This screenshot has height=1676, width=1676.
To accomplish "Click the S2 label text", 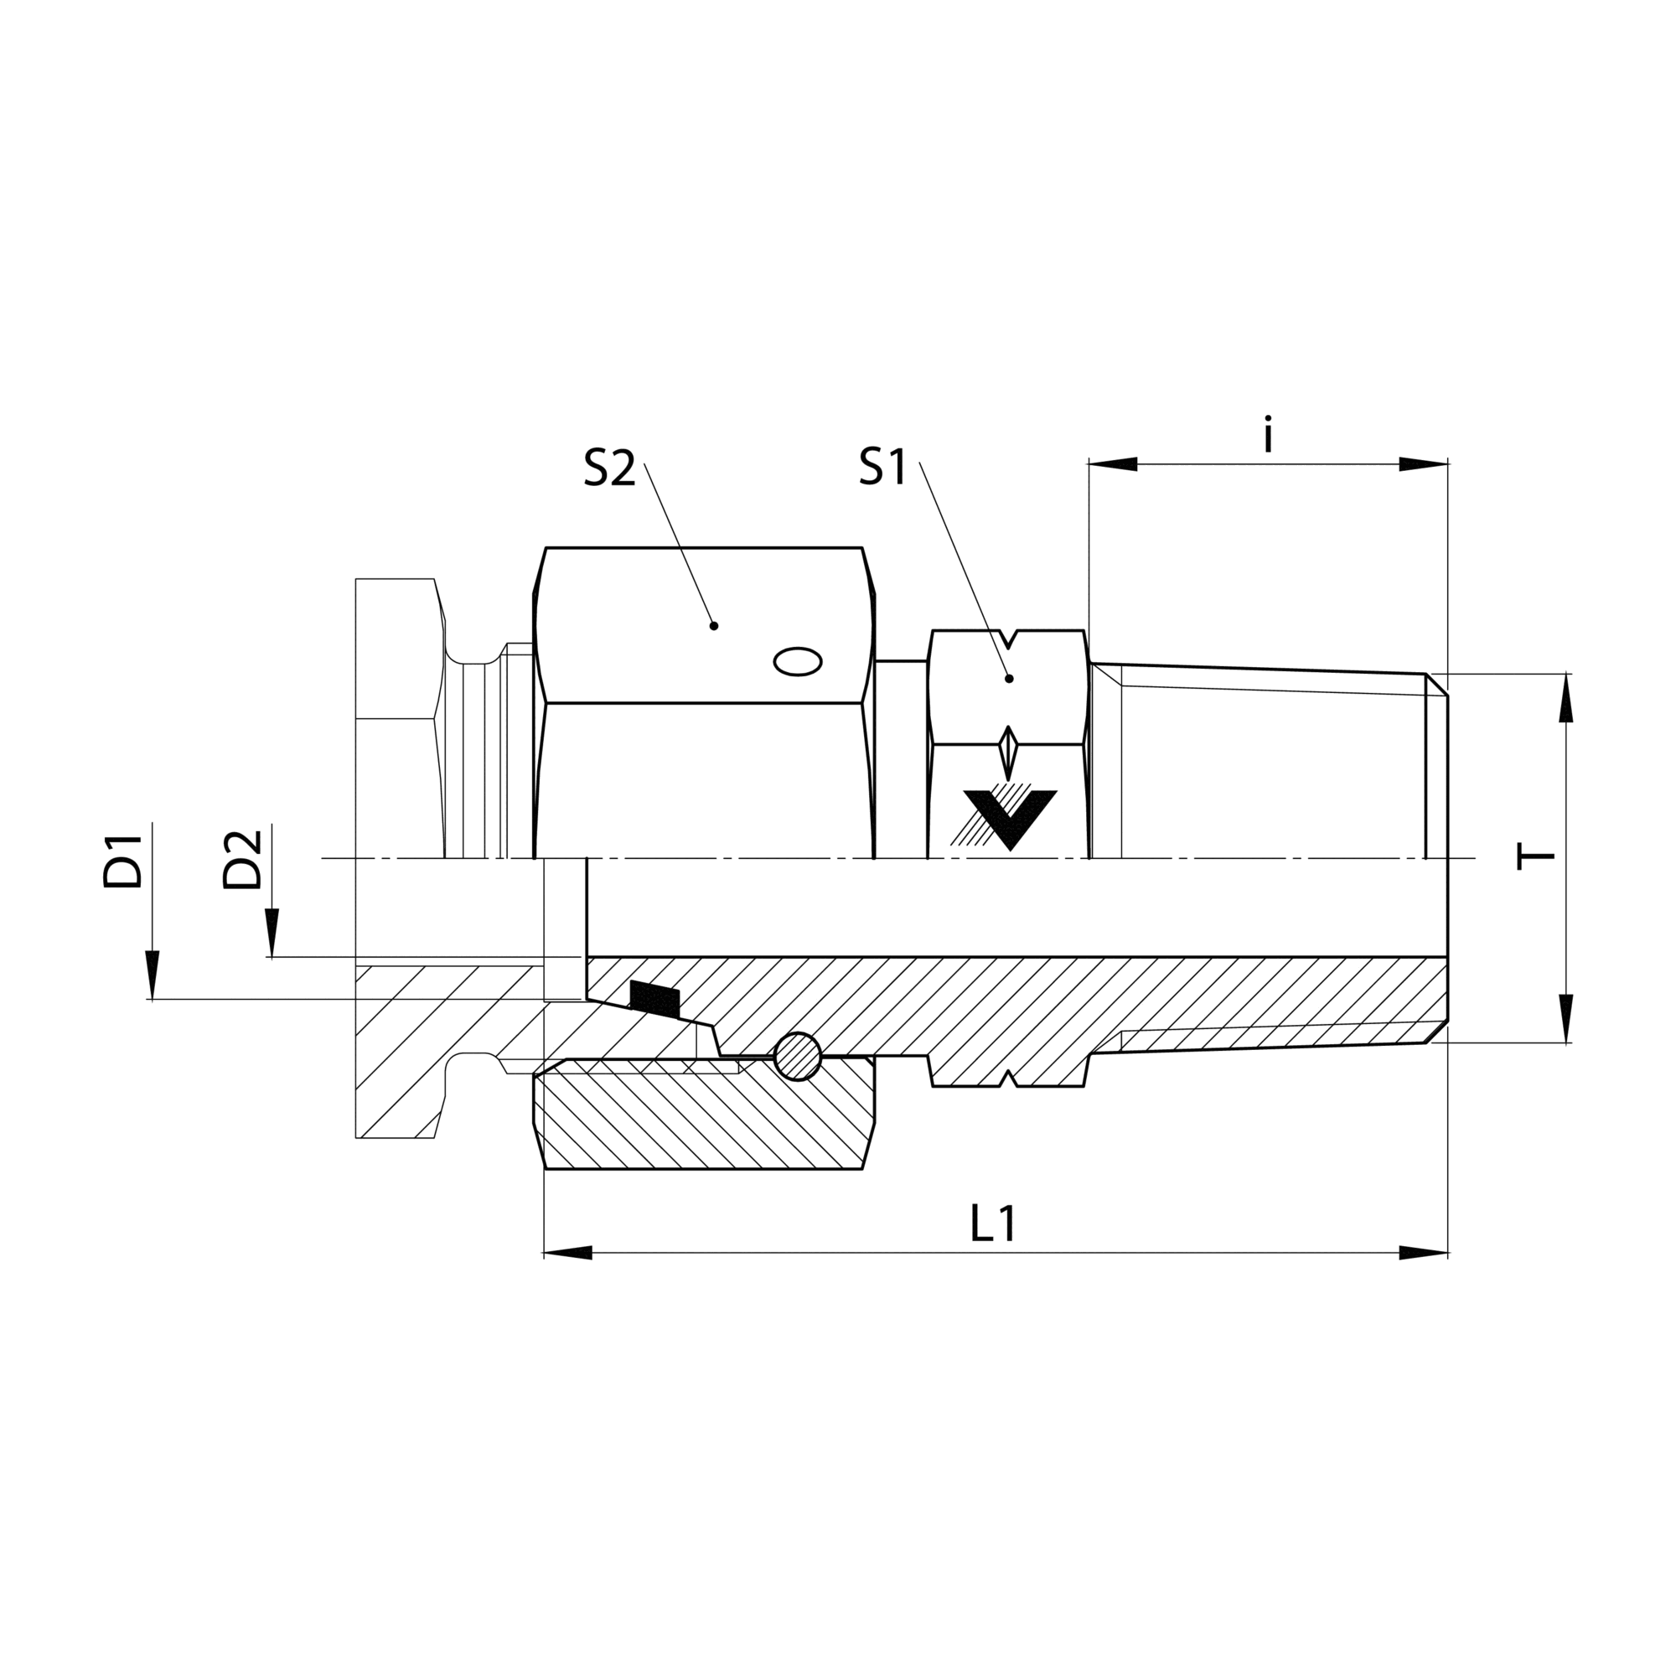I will pos(609,469).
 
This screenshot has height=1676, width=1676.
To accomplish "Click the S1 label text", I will pos(882,468).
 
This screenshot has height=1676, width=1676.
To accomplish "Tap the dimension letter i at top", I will pos(1268,436).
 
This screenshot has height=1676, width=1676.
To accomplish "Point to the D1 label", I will pos(122,861).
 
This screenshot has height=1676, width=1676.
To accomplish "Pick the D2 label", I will pos(242,861).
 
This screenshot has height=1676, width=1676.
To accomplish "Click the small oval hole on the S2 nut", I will pos(797,662).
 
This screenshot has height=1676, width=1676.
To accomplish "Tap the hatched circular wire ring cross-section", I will pos(797,1057).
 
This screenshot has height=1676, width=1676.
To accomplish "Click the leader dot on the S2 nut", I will pos(714,625).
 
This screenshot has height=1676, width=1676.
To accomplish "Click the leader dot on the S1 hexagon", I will pos(1009,679).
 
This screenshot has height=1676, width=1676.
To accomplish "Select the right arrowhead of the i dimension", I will pos(1424,464).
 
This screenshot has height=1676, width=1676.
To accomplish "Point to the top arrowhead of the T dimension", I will pos(1566,698).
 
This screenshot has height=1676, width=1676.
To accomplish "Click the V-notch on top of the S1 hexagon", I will pos(1009,639).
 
